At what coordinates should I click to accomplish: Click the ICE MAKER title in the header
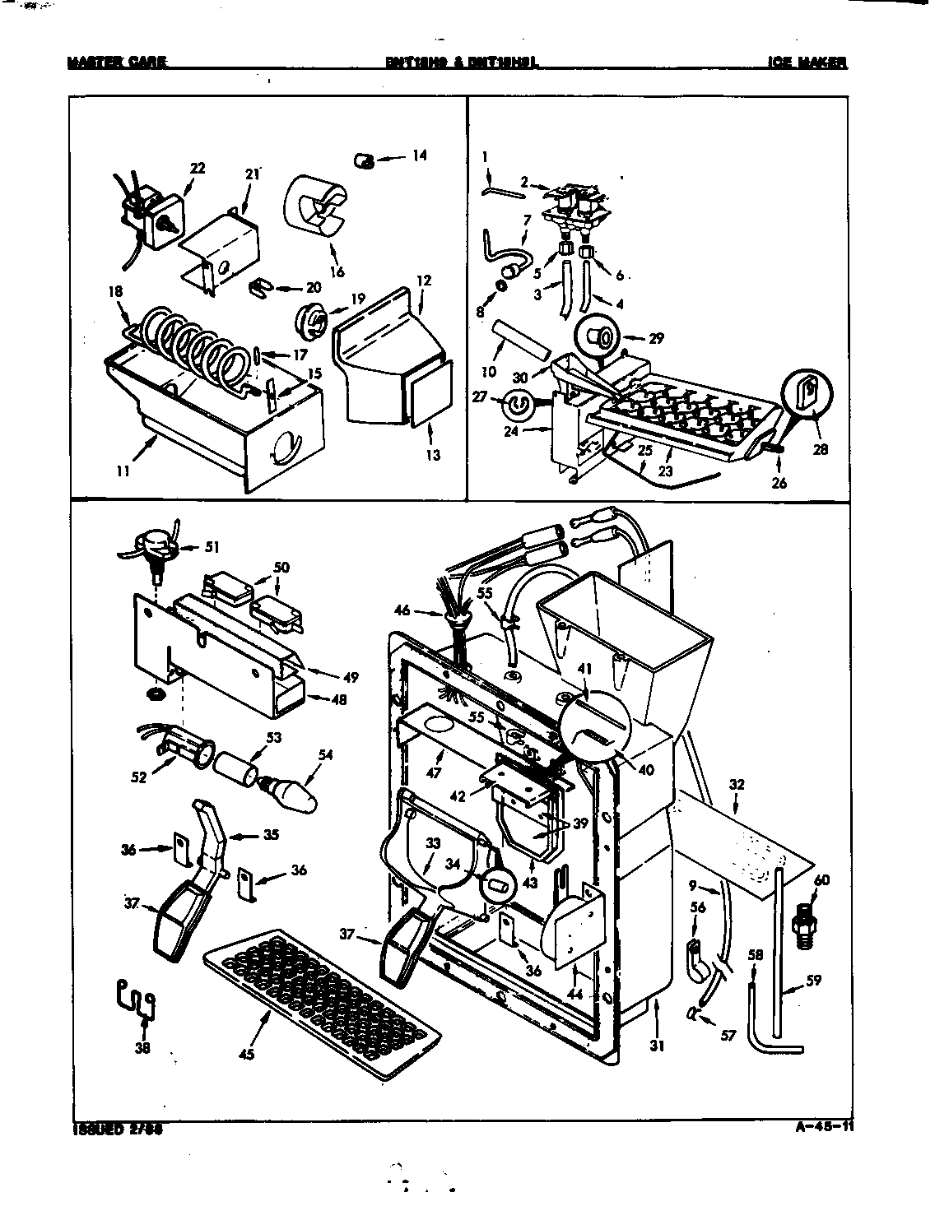(807, 63)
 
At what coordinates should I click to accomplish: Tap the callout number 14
(420, 155)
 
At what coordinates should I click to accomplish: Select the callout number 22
(197, 169)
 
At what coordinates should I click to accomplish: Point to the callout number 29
(656, 338)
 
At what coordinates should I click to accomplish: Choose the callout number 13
(434, 455)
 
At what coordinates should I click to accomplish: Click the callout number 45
(246, 1054)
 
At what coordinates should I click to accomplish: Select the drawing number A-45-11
(820, 1129)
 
